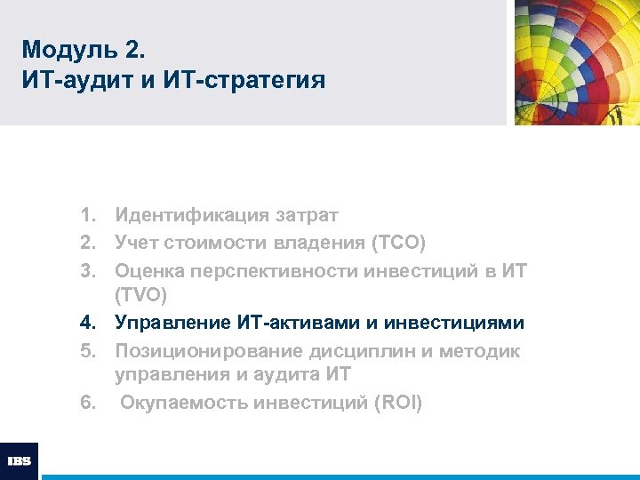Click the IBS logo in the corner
[x=19, y=460]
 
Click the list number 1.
[x=86, y=215]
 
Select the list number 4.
[x=86, y=323]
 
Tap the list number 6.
[x=86, y=403]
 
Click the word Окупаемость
[x=184, y=403]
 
